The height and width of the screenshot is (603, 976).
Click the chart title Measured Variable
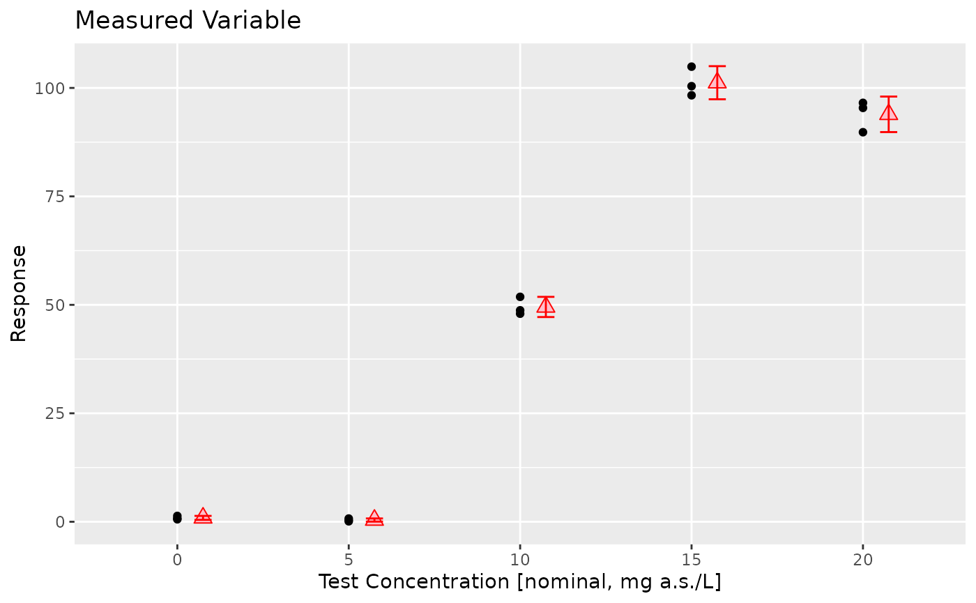[x=188, y=21]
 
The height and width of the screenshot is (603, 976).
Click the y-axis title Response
[x=19, y=293]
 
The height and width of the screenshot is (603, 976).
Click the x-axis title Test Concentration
[x=519, y=581]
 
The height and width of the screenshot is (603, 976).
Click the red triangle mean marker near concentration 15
[x=717, y=82]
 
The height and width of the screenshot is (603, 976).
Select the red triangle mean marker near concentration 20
[x=889, y=112]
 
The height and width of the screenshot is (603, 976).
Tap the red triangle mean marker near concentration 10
[x=546, y=305]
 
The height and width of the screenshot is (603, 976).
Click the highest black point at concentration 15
[x=692, y=67]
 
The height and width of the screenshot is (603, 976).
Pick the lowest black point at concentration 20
[x=863, y=132]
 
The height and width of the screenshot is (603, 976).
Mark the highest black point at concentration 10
[x=520, y=297]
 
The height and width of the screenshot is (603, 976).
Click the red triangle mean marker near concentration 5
[x=374, y=518]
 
